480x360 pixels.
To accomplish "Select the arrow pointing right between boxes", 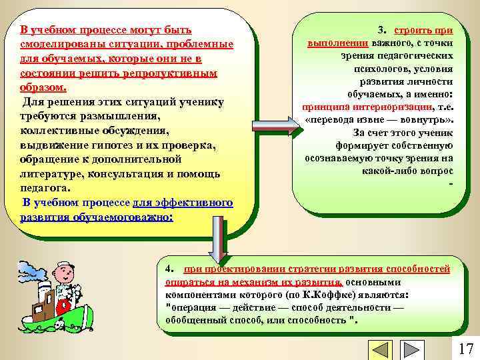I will tap(272, 125).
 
